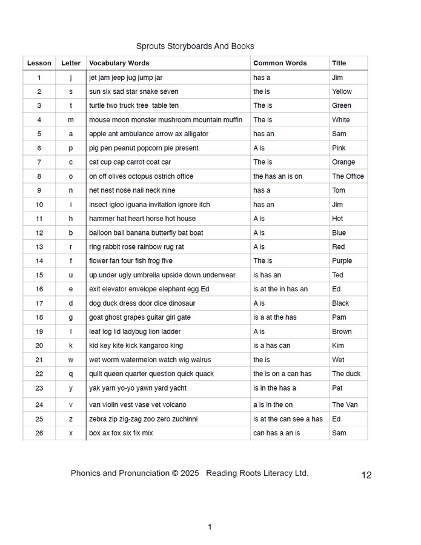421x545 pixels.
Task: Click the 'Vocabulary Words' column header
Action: pos(119,63)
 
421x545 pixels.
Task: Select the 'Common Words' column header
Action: pos(280,63)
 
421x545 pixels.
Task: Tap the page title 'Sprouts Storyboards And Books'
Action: pos(195,46)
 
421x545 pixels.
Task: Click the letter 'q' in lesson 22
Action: pos(71,374)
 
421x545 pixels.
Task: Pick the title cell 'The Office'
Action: pos(348,176)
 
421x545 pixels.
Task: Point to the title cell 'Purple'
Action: pos(342,261)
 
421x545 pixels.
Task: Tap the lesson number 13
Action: pos(39,247)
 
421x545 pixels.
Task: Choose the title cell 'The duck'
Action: pos(346,374)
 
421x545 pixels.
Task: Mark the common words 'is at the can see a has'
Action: pos(288,419)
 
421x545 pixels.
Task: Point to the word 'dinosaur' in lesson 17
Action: pos(182,303)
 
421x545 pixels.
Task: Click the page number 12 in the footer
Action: pos(366,475)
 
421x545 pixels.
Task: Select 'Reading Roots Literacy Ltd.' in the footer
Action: pos(257,474)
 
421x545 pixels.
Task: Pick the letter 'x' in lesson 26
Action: pos(71,433)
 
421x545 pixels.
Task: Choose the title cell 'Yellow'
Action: pos(342,91)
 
